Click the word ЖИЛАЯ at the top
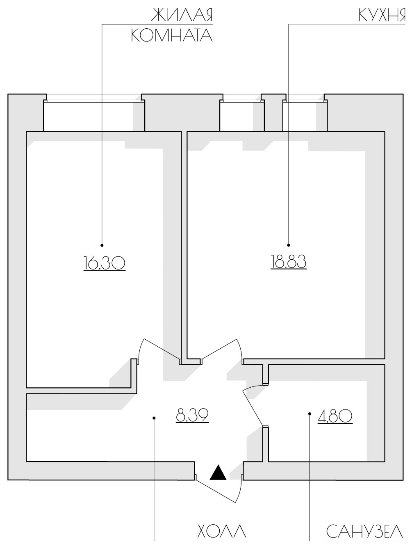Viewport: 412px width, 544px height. pyautogui.click(x=182, y=15)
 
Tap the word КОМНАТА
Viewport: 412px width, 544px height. pyautogui.click(x=172, y=35)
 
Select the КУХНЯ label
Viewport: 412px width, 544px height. pyautogui.click(x=382, y=15)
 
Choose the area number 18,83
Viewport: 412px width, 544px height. pyautogui.click(x=288, y=261)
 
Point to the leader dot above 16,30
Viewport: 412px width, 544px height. pyautogui.click(x=102, y=245)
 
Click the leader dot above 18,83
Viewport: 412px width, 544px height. pyautogui.click(x=288, y=245)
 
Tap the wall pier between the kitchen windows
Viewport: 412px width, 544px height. pyautogui.click(x=273, y=113)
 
